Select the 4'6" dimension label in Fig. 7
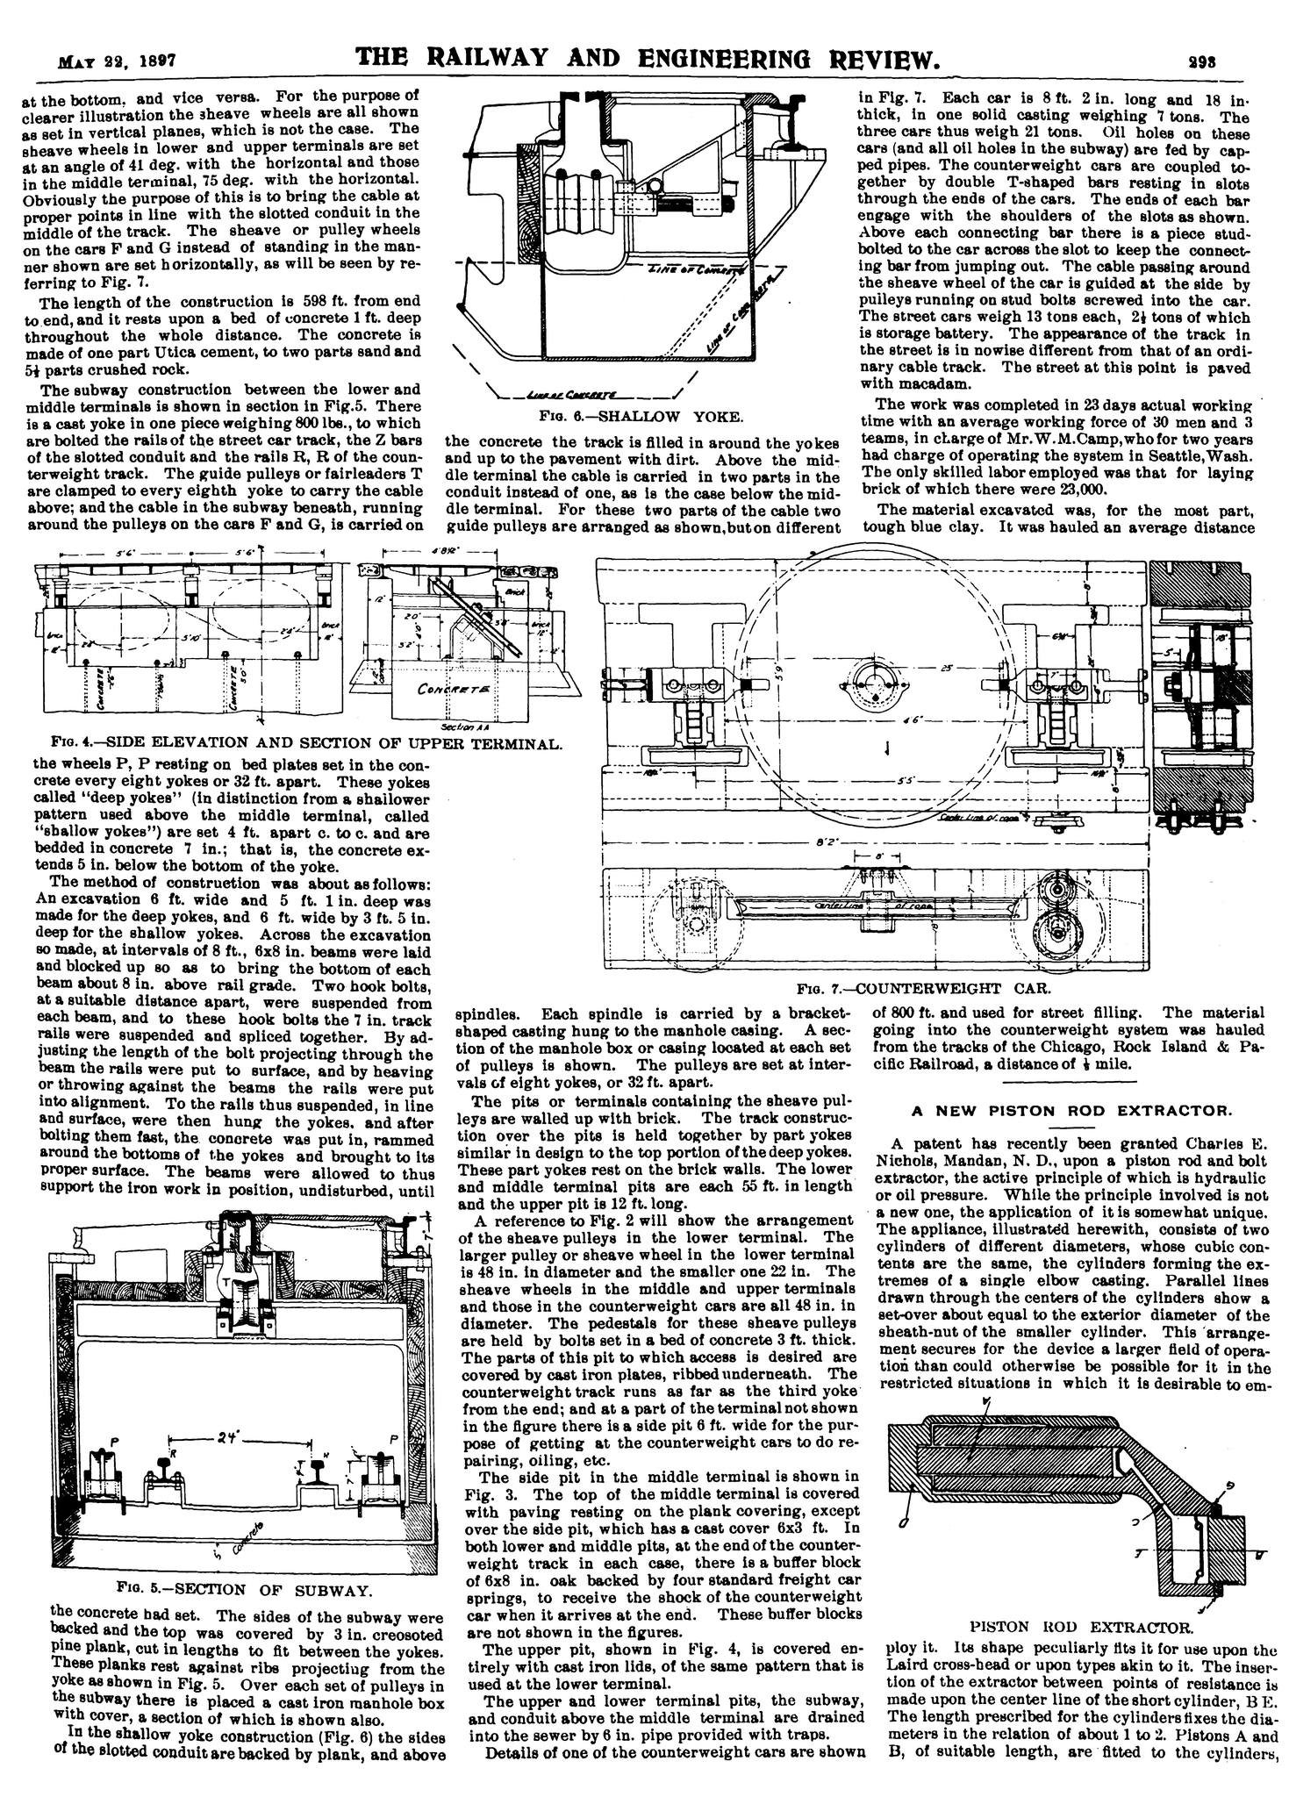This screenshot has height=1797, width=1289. point(913,721)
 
